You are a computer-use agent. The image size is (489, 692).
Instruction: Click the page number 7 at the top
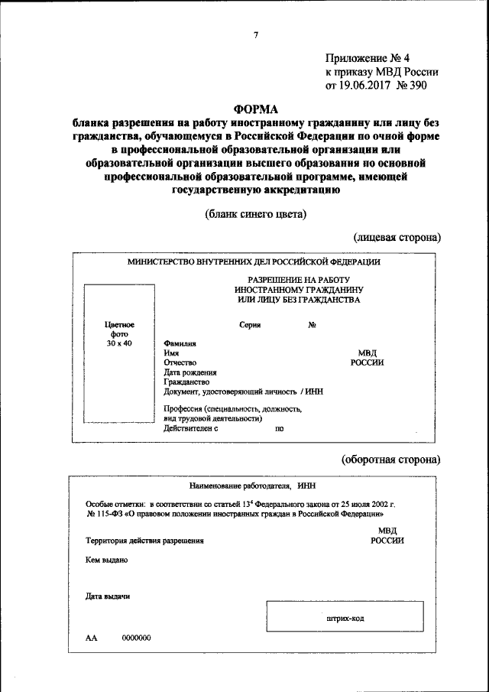[256, 34]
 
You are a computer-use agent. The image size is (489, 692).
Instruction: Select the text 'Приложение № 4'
[368, 58]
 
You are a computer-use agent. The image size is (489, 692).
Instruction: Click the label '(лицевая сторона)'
[397, 238]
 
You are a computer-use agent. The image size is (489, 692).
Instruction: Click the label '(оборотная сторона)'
[390, 460]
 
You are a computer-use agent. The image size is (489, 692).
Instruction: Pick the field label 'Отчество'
[180, 362]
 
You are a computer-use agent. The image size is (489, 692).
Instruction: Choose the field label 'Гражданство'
[186, 382]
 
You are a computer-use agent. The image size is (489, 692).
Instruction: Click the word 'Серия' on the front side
[250, 325]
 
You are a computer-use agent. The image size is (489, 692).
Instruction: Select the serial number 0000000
[136, 638]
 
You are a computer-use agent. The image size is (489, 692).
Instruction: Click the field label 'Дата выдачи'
[108, 596]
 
